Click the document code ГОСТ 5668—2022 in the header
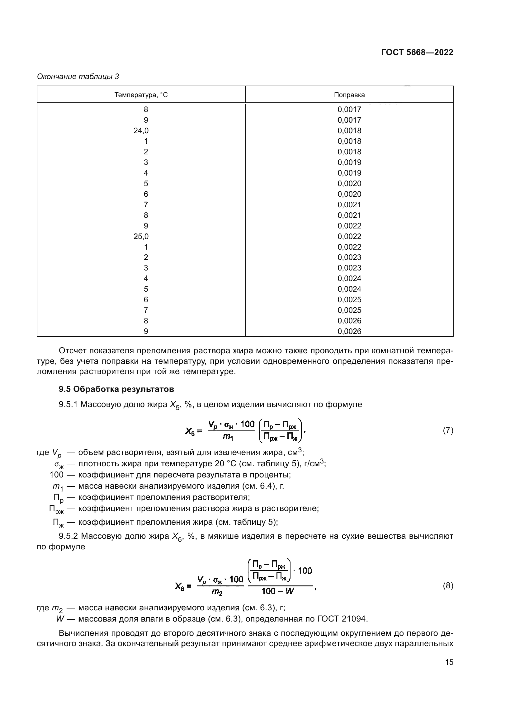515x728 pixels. click(x=417, y=52)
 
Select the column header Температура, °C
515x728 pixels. click(x=141, y=95)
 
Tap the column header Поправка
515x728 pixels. click(x=349, y=95)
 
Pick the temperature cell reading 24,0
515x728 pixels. click(x=141, y=131)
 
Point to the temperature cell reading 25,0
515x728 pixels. click(x=141, y=236)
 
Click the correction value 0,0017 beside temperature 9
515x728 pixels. click(x=349, y=120)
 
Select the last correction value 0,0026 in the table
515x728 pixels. click(x=349, y=331)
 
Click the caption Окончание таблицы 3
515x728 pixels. click(x=78, y=77)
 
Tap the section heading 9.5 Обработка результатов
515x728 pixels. click(x=116, y=389)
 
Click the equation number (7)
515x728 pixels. click(x=448, y=430)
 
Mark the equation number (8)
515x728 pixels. click(x=448, y=586)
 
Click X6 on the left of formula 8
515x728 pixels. click(x=179, y=586)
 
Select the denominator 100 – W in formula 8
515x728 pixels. click(x=278, y=591)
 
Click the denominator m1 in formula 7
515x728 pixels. click(x=228, y=437)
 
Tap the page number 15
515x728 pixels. click(x=449, y=662)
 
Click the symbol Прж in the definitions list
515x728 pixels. click(x=56, y=509)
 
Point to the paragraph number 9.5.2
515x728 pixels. click(x=68, y=536)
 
